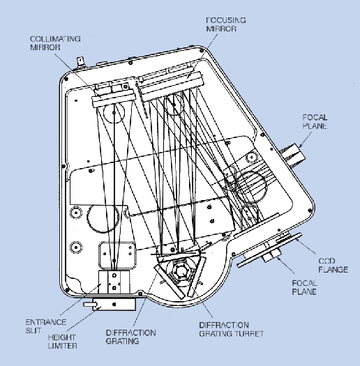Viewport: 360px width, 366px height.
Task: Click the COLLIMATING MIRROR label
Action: (x=55, y=43)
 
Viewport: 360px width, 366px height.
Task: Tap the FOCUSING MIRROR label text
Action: (x=225, y=24)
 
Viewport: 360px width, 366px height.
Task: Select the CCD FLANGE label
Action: (x=333, y=266)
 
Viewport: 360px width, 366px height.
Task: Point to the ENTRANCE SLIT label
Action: (x=46, y=326)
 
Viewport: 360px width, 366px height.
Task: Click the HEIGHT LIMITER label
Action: (x=62, y=342)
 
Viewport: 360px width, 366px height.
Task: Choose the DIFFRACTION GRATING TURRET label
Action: (x=231, y=329)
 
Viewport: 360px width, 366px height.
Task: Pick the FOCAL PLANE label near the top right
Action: (x=315, y=121)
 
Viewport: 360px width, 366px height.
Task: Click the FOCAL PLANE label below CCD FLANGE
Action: (x=304, y=287)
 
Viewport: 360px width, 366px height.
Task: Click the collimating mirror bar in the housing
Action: (x=114, y=99)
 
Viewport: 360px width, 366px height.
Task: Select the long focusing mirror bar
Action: (x=172, y=87)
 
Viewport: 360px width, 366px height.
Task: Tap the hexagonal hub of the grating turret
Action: (x=180, y=271)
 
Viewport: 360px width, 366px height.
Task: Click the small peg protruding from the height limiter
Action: (x=89, y=304)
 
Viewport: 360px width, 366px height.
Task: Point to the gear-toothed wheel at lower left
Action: (x=103, y=219)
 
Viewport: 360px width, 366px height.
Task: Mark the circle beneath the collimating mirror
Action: (x=114, y=113)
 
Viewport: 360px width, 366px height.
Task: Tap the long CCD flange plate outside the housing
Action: (x=269, y=250)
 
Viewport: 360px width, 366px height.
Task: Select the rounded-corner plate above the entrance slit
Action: (x=117, y=256)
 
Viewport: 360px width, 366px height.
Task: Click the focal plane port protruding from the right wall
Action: (x=293, y=154)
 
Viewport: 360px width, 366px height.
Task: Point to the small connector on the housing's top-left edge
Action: (x=81, y=62)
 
